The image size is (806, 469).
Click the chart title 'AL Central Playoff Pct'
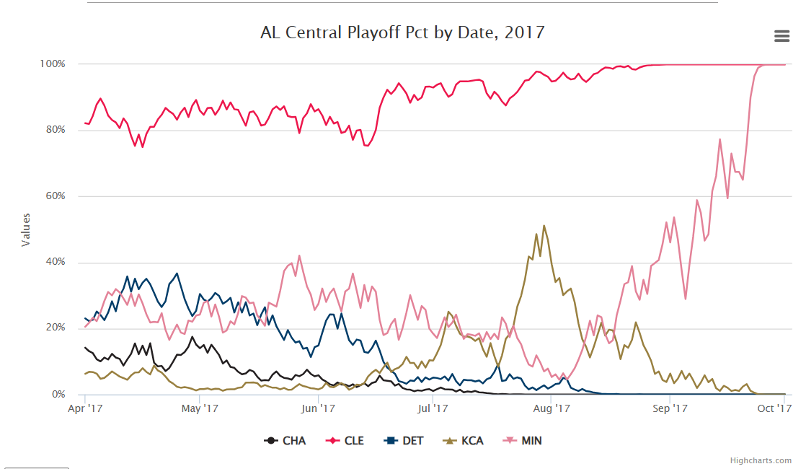[x=402, y=32]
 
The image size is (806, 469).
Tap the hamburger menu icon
[x=781, y=36]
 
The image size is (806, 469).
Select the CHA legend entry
[x=285, y=440]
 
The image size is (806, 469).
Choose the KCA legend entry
[x=465, y=440]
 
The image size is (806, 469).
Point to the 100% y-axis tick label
[x=51, y=64]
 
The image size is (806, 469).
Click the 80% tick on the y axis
[x=53, y=130]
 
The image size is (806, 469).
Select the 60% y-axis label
[x=53, y=196]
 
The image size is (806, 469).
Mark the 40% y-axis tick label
[x=53, y=262]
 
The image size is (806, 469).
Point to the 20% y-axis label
[x=53, y=328]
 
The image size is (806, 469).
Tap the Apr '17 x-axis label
[x=85, y=409]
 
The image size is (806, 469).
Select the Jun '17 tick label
[x=318, y=409]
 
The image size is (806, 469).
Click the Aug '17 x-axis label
[x=552, y=409]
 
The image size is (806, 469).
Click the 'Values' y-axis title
[x=27, y=229]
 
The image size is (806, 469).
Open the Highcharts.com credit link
[x=761, y=460]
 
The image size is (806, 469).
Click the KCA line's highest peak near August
[x=544, y=226]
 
